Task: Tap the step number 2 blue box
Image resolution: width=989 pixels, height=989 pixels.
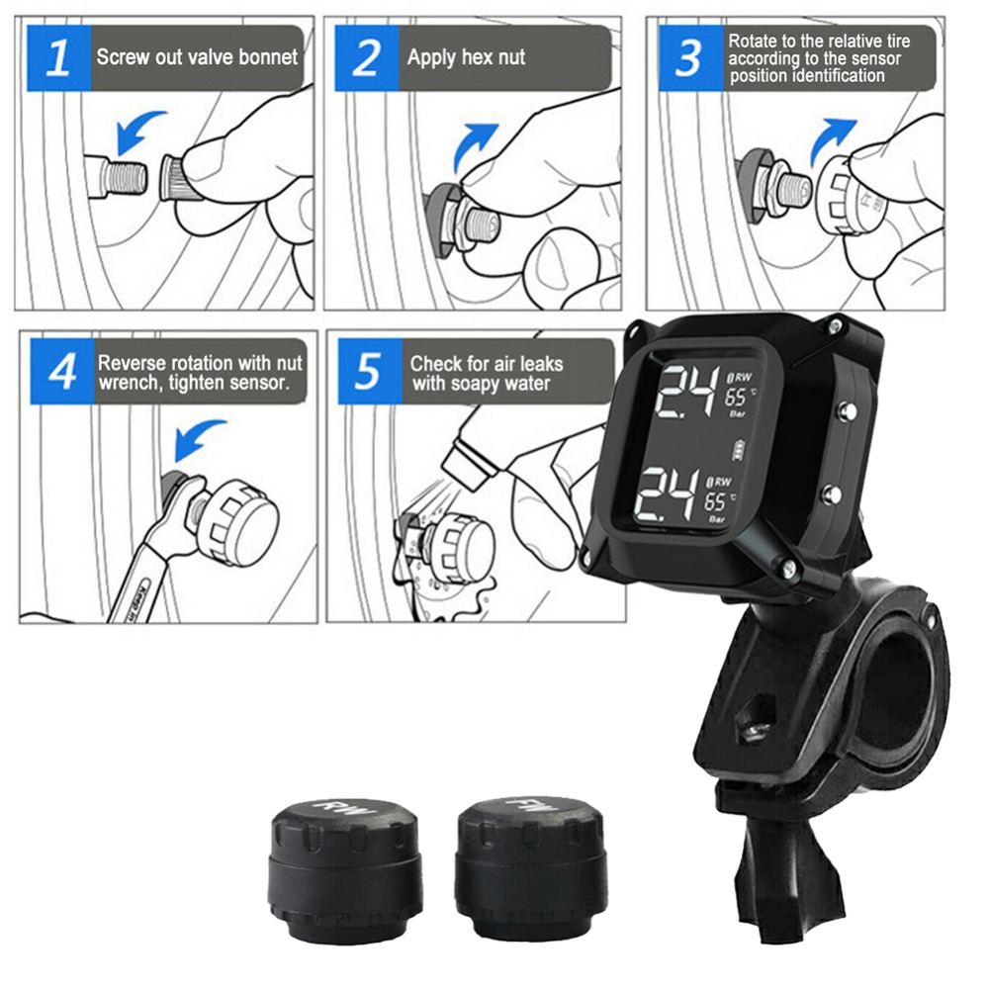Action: click(365, 58)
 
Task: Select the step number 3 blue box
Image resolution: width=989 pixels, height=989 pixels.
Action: click(687, 58)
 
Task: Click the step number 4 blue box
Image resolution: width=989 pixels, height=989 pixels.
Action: click(61, 372)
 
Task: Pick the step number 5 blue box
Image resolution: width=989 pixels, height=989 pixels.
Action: click(368, 372)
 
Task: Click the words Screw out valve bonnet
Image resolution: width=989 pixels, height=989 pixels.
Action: click(196, 56)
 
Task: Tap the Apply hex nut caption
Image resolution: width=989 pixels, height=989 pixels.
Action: click(466, 56)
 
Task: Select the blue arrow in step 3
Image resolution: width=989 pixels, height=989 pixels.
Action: click(829, 138)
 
